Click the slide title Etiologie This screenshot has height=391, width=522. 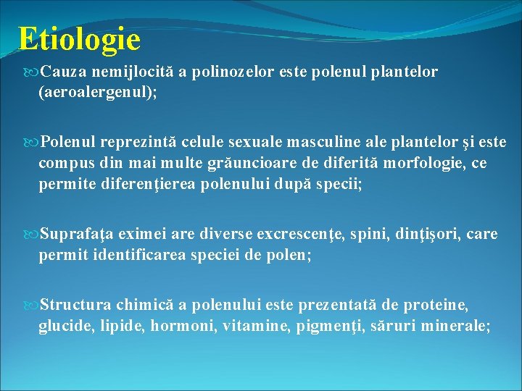pyautogui.click(x=80, y=39)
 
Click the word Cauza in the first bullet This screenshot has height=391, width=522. pyautogui.click(x=59, y=72)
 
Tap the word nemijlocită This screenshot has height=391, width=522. pyautogui.click(x=118, y=72)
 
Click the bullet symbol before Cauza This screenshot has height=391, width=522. pyautogui.click(x=33, y=72)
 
